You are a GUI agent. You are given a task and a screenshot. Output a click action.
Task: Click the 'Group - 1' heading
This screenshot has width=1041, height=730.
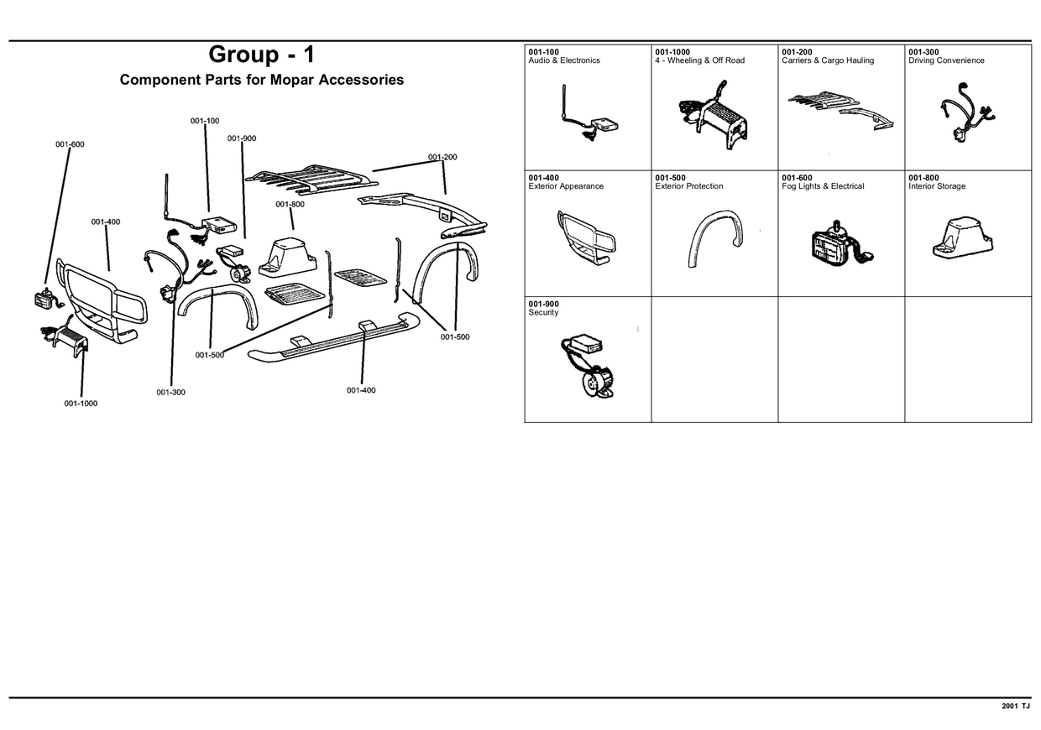click(x=261, y=55)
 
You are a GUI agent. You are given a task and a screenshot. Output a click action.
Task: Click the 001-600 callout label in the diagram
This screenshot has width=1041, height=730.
click(x=70, y=144)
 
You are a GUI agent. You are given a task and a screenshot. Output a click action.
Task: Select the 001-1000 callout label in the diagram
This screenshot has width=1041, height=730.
click(x=81, y=404)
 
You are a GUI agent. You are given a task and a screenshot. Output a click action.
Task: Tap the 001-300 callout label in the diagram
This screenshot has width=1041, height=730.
click(x=170, y=393)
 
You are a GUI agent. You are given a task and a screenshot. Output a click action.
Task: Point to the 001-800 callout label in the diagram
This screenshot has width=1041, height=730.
click(x=290, y=205)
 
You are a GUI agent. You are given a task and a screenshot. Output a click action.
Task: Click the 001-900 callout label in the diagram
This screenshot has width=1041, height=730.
click(x=242, y=138)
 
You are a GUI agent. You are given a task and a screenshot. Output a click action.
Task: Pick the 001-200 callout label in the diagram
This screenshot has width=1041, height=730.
click(x=442, y=157)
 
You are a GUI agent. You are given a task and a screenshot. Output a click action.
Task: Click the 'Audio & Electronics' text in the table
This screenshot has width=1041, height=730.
click(x=564, y=60)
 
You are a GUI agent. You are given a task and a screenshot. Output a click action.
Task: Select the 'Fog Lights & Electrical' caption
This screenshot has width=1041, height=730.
click(x=823, y=186)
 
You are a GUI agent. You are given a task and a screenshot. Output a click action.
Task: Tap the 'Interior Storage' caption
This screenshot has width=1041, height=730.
click(x=937, y=186)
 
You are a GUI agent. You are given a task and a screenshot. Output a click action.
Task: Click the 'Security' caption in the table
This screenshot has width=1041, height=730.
click(x=543, y=312)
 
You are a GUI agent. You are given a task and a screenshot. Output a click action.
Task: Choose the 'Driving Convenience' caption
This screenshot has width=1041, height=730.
click(x=946, y=60)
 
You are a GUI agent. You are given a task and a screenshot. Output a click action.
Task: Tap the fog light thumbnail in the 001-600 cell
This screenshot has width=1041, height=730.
click(x=839, y=245)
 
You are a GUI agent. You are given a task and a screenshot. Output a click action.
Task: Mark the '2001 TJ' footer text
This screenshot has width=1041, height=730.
click(x=1015, y=707)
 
